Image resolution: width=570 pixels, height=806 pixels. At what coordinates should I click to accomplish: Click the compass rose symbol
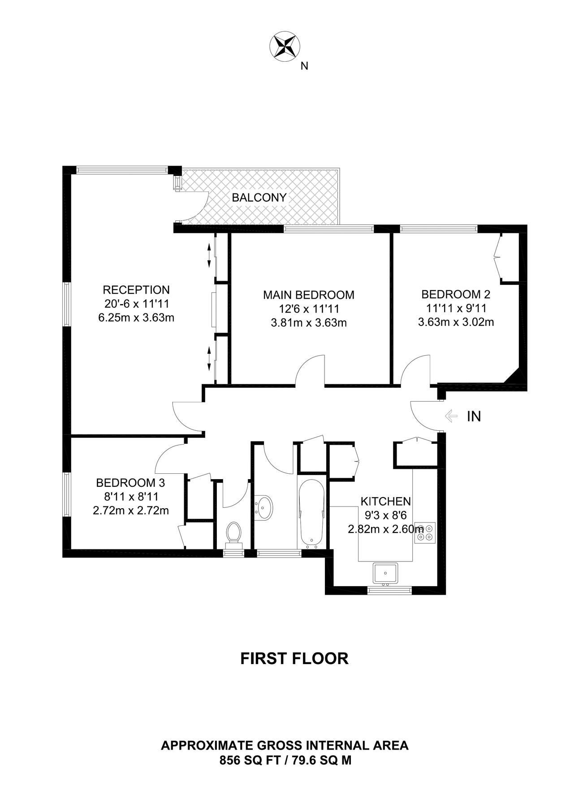(x=285, y=46)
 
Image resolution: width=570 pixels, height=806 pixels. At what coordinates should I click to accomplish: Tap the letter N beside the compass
(x=305, y=66)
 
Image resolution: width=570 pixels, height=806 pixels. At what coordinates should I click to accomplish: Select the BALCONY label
(x=259, y=197)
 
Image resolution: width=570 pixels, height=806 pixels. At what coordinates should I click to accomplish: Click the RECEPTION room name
(x=136, y=290)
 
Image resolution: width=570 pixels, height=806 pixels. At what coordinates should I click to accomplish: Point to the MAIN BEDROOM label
(x=309, y=295)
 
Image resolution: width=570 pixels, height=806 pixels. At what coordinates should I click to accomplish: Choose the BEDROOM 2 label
(x=456, y=295)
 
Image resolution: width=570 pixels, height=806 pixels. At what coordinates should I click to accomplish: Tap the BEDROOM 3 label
(x=131, y=483)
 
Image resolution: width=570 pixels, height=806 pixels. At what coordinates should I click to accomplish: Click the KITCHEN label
(x=386, y=502)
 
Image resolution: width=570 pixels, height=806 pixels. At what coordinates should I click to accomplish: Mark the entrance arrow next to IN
(x=451, y=416)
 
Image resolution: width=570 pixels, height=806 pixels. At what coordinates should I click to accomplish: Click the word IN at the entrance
(x=474, y=417)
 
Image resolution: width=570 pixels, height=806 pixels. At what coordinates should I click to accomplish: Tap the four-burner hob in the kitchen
(x=425, y=532)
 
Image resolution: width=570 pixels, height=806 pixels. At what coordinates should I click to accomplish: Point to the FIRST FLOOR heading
(x=294, y=659)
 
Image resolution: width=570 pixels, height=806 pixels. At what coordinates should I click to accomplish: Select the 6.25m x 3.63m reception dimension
(x=136, y=318)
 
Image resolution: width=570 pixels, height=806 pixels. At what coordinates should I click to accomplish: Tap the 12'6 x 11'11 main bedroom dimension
(x=309, y=309)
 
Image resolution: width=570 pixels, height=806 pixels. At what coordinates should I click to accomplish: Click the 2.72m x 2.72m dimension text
(x=131, y=510)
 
